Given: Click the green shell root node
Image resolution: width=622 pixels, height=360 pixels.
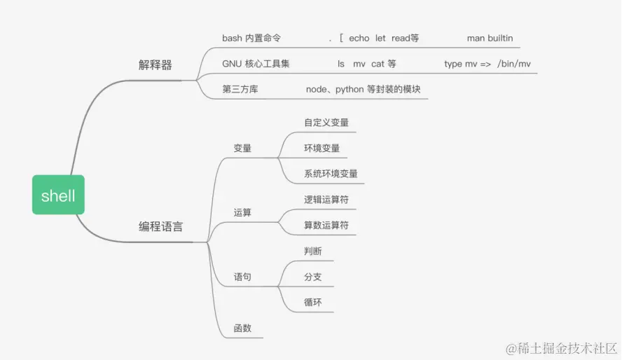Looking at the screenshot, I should [58, 195].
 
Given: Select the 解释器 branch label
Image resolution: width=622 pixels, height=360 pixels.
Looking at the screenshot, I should [155, 65].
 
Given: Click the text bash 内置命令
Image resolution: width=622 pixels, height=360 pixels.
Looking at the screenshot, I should [251, 39].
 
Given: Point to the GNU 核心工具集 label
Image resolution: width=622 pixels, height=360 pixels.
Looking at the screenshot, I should [256, 64].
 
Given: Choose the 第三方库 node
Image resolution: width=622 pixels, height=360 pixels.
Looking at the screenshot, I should [240, 90].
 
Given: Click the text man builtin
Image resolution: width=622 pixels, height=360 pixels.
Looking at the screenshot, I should [494, 39].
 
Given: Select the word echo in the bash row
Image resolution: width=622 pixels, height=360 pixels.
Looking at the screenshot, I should [359, 39].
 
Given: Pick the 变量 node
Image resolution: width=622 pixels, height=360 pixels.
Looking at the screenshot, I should [242, 148].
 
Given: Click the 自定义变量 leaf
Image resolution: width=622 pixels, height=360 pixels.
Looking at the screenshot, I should [326, 123].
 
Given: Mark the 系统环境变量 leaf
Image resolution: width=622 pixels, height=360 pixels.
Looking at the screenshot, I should [331, 174].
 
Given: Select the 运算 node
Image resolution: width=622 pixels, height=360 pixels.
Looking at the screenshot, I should [242, 213].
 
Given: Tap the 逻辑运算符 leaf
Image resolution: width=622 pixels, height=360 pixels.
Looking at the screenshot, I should [326, 200].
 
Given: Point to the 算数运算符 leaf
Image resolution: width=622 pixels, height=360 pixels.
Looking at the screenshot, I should [326, 226].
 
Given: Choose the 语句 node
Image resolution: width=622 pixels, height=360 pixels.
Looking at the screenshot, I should [242, 277].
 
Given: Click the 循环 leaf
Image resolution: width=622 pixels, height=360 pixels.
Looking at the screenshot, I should [313, 303].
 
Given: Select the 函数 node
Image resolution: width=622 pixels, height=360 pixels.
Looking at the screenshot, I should [242, 328].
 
